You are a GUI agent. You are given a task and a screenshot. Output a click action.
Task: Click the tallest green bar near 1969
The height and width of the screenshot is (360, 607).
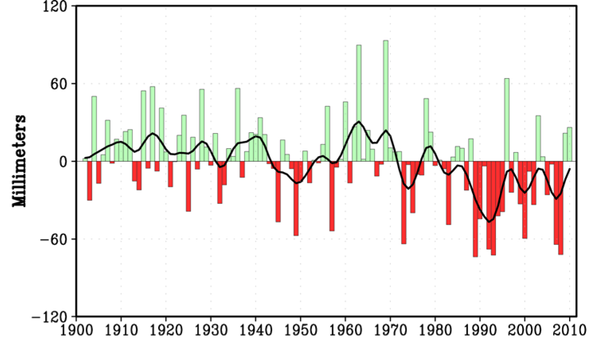pyautogui.click(x=386, y=100)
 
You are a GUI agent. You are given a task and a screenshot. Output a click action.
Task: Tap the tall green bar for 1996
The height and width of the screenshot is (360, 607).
pyautogui.click(x=507, y=119)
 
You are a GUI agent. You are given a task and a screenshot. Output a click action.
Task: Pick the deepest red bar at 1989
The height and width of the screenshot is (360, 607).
pyautogui.click(x=475, y=209)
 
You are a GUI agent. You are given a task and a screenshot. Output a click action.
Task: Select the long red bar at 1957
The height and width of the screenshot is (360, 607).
pyautogui.click(x=332, y=196)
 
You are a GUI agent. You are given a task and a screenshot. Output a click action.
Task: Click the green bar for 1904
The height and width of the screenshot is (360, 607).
pyautogui.click(x=94, y=129)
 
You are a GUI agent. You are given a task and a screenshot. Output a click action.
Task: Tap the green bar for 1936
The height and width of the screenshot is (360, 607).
pyautogui.click(x=237, y=125)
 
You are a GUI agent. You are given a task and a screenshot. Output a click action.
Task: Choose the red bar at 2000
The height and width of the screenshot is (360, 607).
pyautogui.click(x=525, y=200)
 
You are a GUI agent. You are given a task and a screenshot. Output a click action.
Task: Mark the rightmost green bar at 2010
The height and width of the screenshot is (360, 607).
pyautogui.click(x=570, y=144)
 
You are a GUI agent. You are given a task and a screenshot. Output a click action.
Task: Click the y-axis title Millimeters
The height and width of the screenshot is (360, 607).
pyautogui.click(x=19, y=161)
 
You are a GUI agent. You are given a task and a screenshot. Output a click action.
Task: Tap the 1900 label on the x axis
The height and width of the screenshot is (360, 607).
pyautogui.click(x=76, y=331)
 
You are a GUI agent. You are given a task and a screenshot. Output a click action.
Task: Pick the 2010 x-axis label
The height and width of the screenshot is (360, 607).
pyautogui.click(x=570, y=331)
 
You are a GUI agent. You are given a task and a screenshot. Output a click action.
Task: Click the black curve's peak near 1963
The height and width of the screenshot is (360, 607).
pyautogui.click(x=359, y=121)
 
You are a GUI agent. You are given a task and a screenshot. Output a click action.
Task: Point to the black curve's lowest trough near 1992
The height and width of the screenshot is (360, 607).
pyautogui.click(x=490, y=222)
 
